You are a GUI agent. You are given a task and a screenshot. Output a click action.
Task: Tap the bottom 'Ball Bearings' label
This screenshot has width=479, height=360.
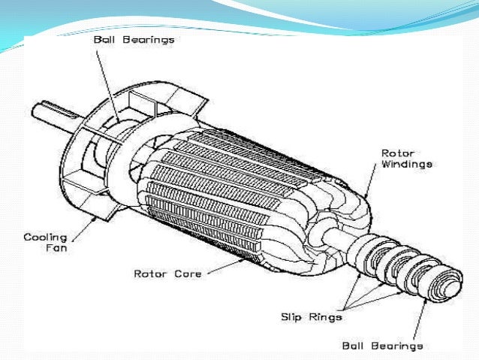point(382,346)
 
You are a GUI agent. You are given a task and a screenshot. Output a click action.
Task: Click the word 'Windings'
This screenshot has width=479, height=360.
point(406,164)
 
